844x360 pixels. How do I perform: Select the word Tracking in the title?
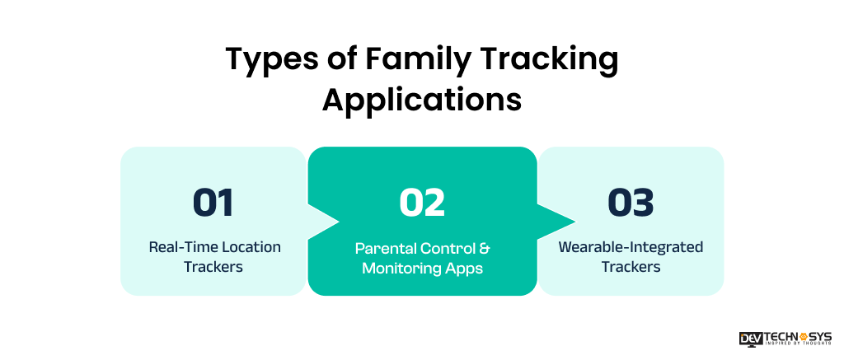(541, 59)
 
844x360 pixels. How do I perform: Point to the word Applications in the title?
(422, 99)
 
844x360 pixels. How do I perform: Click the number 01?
(213, 203)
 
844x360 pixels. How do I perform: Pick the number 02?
(422, 203)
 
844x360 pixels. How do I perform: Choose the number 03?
(631, 203)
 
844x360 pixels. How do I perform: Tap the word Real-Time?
(178, 247)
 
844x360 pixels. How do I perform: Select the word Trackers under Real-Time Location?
(213, 266)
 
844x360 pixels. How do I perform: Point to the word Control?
(446, 249)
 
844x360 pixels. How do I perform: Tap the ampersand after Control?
(485, 249)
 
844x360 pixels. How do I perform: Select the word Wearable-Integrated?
(631, 247)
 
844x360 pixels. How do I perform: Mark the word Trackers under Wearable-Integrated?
(631, 266)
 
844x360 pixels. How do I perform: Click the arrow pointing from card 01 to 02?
(323, 221)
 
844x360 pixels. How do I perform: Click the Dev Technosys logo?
(785, 338)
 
